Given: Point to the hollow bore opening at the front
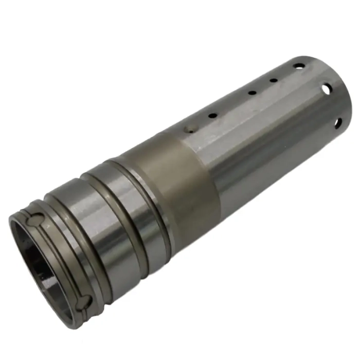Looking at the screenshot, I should (44, 262).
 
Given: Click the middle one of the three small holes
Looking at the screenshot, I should (253, 93).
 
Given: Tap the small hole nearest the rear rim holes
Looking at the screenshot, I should (274, 80).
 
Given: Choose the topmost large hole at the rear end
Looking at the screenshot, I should (299, 66).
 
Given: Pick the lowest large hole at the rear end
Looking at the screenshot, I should (338, 122).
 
